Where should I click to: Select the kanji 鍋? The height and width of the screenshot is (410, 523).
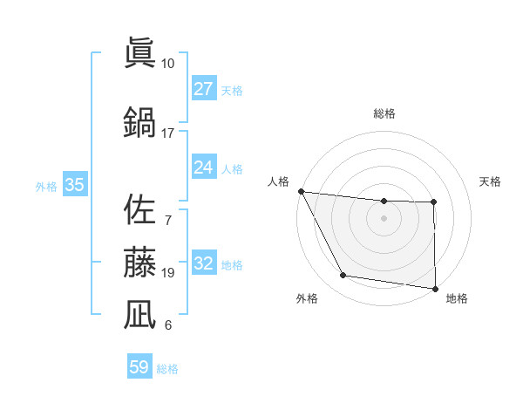pyautogui.click(x=139, y=122)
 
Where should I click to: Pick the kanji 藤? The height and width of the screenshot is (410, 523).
pyautogui.click(x=139, y=262)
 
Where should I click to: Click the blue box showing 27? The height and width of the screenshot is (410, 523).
pyautogui.click(x=203, y=89)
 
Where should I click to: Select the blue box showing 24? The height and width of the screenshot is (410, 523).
pyautogui.click(x=203, y=167)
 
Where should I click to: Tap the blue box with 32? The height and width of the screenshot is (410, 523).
pyautogui.click(x=203, y=263)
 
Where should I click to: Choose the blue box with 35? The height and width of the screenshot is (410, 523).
pyautogui.click(x=74, y=185)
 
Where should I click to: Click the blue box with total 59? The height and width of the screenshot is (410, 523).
pyautogui.click(x=139, y=367)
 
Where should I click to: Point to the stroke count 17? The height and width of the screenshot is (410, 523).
pyautogui.click(x=167, y=133)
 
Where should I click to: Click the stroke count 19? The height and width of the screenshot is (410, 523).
pyautogui.click(x=167, y=273)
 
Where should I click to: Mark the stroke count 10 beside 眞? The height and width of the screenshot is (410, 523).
pyautogui.click(x=167, y=64)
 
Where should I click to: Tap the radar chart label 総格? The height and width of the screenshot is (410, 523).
pyautogui.click(x=384, y=113)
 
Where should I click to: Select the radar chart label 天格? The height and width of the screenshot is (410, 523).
pyautogui.click(x=490, y=181)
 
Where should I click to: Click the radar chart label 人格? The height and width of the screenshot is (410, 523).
pyautogui.click(x=279, y=181)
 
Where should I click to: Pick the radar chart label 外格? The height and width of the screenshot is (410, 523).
pyautogui.click(x=306, y=298)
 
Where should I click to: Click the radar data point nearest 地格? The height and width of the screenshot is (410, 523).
pyautogui.click(x=435, y=288)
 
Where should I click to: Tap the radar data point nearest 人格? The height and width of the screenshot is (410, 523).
pyautogui.click(x=301, y=191)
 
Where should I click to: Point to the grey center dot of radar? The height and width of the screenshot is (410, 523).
pyautogui.click(x=384, y=218)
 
